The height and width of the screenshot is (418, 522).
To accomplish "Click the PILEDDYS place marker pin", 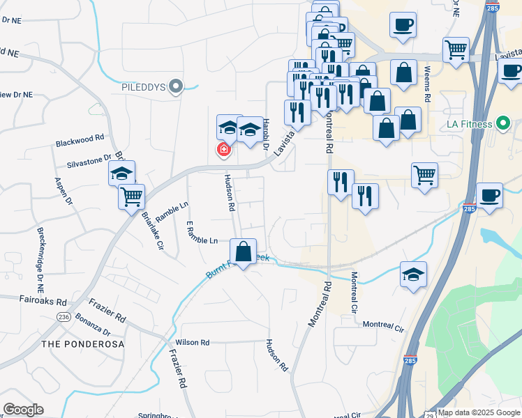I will click(177, 87).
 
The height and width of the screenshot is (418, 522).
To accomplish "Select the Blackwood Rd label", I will click(80, 141).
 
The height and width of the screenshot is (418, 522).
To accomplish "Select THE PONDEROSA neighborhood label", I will click(82, 344).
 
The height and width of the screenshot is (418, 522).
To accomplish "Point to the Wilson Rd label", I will click(193, 342).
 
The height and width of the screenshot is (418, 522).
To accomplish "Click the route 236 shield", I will click(64, 316).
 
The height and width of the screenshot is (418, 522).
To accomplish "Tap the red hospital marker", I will click(224, 149).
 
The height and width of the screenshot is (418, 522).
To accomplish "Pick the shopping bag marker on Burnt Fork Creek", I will click(243, 252).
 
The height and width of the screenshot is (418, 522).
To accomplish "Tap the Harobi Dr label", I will click(265, 138).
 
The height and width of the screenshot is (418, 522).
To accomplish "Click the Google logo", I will click(23, 410).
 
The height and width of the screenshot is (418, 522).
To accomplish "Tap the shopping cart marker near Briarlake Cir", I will click(131, 197).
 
